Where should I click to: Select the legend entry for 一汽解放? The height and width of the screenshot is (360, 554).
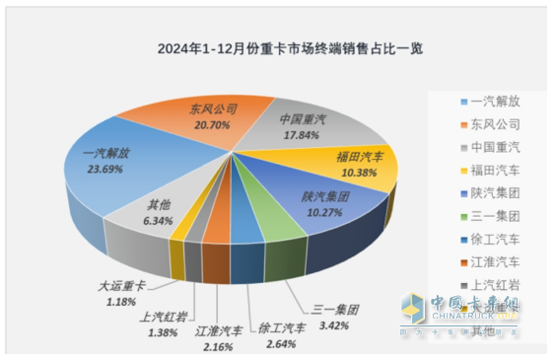coord(490,101)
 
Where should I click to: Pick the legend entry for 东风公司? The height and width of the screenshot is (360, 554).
coord(490,125)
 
